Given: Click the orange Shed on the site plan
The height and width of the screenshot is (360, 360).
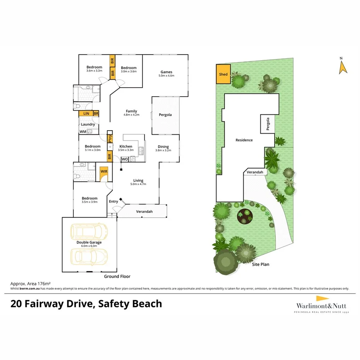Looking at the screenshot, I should pyautogui.click(x=223, y=75).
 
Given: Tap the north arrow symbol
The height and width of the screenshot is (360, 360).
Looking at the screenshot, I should pyautogui.click(x=342, y=66).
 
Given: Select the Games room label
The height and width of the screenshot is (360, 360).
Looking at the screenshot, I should pyautogui.click(x=166, y=72).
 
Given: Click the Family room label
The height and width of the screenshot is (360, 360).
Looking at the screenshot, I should pyautogui.click(x=131, y=111).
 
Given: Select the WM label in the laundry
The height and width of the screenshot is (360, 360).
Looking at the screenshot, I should pyautogui.click(x=83, y=132).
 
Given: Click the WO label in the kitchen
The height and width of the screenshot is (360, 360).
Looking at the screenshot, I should pyautogui.click(x=125, y=159).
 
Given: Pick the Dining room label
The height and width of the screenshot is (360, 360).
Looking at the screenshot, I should pyautogui.click(x=163, y=147).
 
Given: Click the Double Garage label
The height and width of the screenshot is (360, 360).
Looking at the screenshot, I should pyautogui.click(x=89, y=242).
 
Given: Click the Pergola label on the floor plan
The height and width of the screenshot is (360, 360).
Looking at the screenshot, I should pyautogui.click(x=165, y=115).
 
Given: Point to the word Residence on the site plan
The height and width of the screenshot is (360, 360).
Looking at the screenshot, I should pyautogui.click(x=244, y=140).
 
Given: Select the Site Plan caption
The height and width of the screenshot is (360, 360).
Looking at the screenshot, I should pyautogui.click(x=261, y=265).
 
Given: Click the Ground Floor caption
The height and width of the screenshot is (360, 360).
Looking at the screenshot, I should pyautogui.click(x=117, y=277).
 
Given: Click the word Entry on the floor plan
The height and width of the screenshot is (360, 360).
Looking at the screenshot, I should pyautogui.click(x=114, y=201).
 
